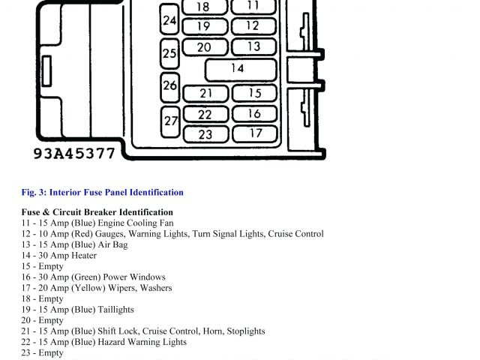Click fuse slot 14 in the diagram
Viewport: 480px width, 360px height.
pos(237,69)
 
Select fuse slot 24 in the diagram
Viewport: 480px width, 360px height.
pos(170,21)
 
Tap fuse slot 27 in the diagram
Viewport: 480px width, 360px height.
pos(171,120)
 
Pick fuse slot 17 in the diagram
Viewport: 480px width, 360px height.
pos(255,133)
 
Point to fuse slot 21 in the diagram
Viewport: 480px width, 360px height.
pos(205,94)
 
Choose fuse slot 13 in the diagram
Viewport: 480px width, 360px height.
pos(253,46)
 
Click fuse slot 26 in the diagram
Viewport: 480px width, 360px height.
pos(170,85)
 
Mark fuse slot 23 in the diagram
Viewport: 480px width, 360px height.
pos(205,135)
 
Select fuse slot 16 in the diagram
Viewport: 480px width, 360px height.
pos(255,114)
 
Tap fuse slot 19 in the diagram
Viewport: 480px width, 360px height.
pos(202,26)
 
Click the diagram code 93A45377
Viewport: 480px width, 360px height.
pos(74,154)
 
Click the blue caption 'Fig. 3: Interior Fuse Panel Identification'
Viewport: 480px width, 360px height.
pos(103,193)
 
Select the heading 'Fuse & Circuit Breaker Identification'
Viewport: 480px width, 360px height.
pos(97,212)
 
